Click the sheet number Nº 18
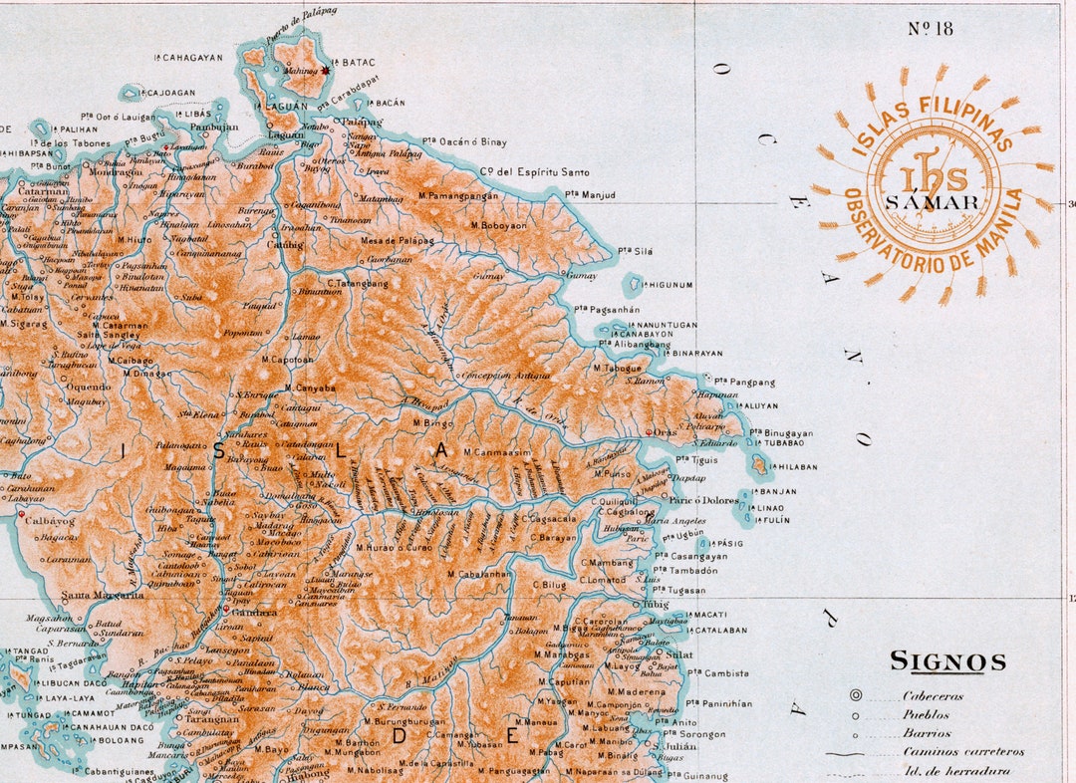[x=931, y=28]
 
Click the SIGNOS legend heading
[x=947, y=661]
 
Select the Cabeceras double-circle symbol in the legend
[x=856, y=696]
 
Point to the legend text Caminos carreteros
[x=963, y=752]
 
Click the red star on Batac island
[x=325, y=71]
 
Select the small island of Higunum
[x=632, y=286]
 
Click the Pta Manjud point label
[x=590, y=194]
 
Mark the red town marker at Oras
[x=649, y=432]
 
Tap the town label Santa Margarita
[x=103, y=595]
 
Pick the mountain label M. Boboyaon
[x=504, y=225]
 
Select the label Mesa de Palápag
[x=397, y=240]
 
